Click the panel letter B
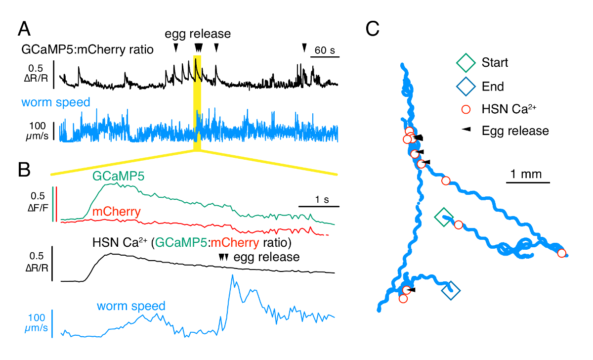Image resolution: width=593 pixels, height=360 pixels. [25, 170]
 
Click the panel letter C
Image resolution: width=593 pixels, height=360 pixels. [373, 30]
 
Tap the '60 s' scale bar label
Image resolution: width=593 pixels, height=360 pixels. [325, 50]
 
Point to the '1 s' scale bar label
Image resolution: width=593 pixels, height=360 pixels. [319, 199]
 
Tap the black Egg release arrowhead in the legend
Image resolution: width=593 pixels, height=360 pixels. [466, 131]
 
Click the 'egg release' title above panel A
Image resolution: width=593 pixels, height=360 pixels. [198, 34]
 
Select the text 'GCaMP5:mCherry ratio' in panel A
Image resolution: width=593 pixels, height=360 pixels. [87, 49]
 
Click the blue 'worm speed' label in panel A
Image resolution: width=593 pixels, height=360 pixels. [56, 103]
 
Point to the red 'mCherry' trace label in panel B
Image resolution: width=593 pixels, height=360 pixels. [117, 212]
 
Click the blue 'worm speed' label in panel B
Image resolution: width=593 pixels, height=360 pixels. [131, 306]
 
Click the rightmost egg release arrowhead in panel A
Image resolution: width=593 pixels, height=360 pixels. [304, 47]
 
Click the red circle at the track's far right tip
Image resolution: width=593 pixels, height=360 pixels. [561, 253]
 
